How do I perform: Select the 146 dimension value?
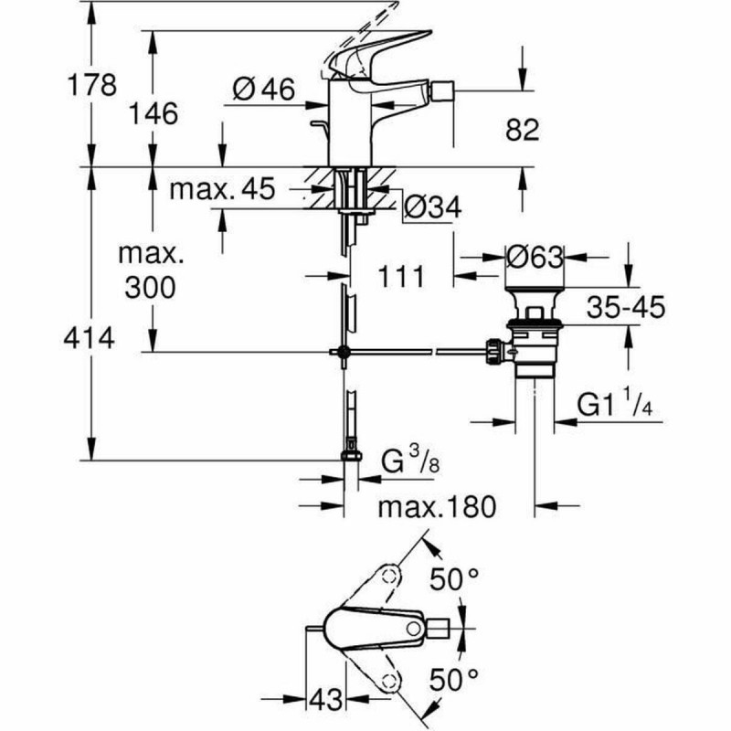(x=151, y=113)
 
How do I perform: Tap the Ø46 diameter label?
(x=263, y=89)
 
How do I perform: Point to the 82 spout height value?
(x=522, y=130)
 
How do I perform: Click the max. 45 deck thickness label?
(x=223, y=189)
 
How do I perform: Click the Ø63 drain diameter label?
(x=535, y=257)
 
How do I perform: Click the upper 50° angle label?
(x=454, y=577)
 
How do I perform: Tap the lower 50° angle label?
(x=454, y=678)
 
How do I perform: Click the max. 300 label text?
(x=151, y=271)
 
